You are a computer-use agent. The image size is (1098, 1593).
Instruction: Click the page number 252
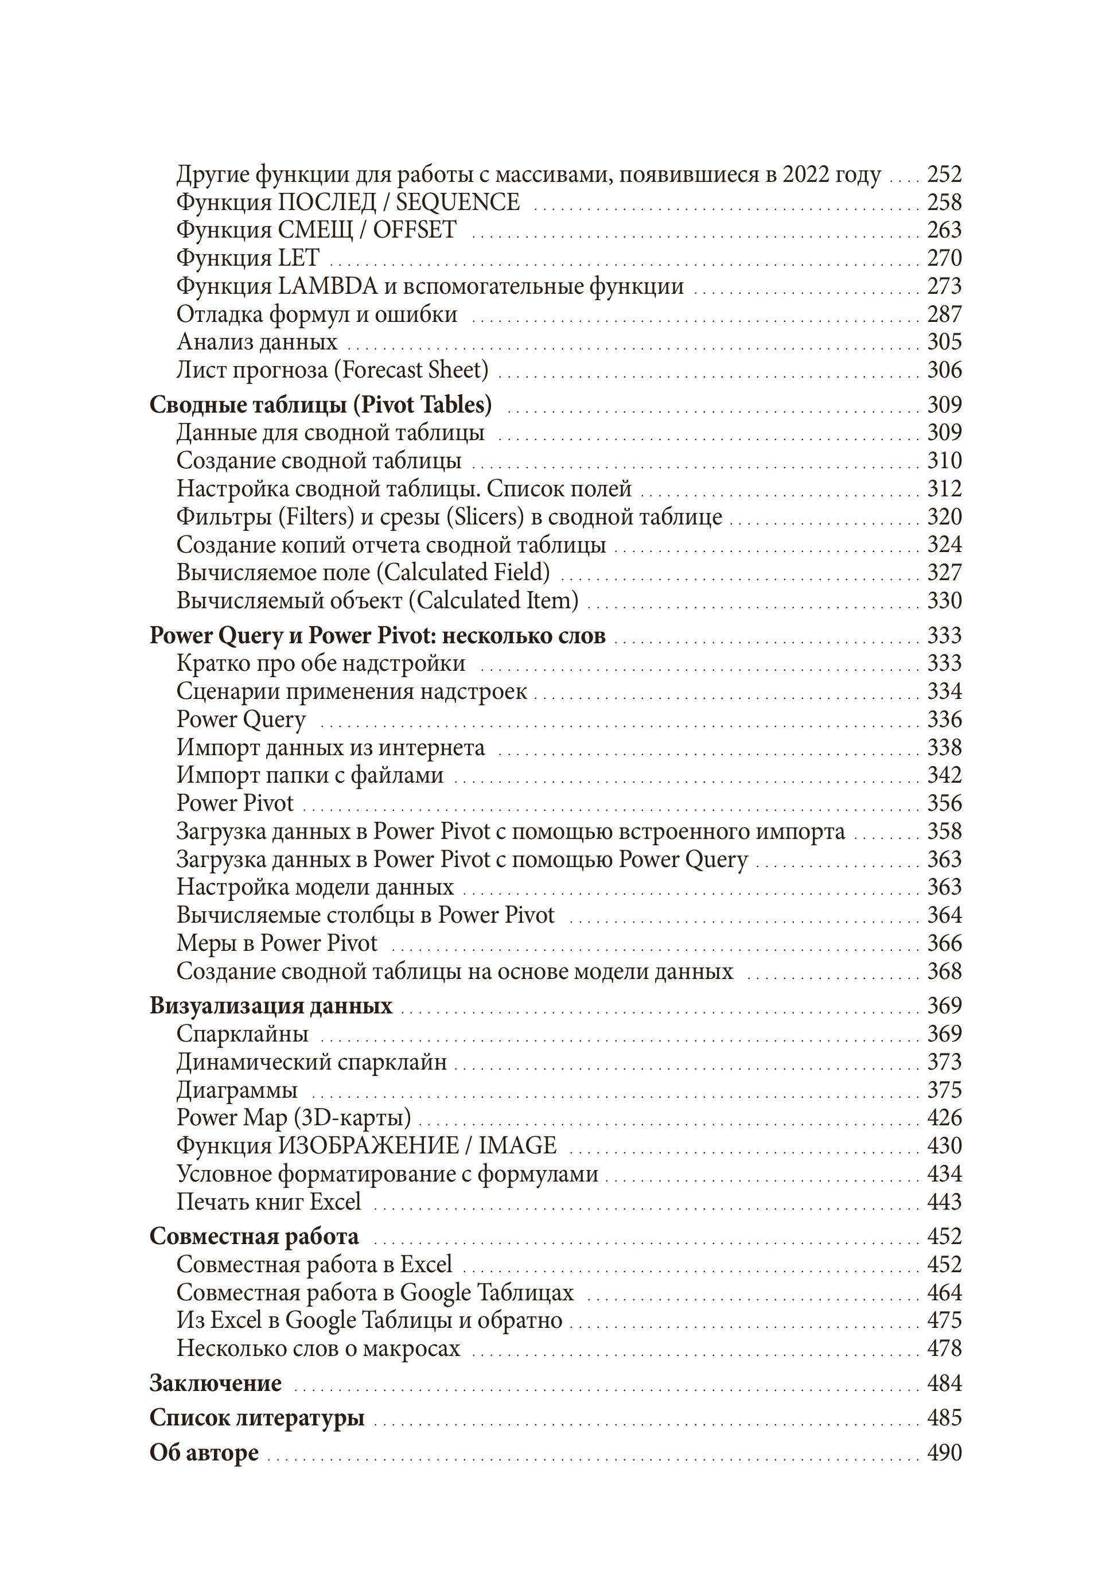pyautogui.click(x=944, y=175)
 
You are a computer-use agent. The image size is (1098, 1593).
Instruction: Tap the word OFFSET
pyautogui.click(x=414, y=230)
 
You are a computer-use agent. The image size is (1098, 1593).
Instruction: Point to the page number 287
pyautogui.click(x=944, y=314)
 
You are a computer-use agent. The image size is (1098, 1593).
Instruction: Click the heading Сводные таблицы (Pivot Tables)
pyautogui.click(x=321, y=405)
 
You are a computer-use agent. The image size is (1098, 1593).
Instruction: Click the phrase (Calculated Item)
pyautogui.click(x=493, y=601)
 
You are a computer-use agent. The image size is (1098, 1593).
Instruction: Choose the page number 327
pyautogui.click(x=944, y=573)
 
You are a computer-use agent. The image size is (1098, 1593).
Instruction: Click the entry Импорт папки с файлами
pyautogui.click(x=310, y=775)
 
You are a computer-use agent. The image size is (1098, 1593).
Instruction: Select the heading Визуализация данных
pyautogui.click(x=270, y=1006)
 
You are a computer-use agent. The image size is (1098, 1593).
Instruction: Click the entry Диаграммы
pyautogui.click(x=237, y=1090)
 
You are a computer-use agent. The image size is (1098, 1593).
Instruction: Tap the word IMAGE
pyautogui.click(x=517, y=1146)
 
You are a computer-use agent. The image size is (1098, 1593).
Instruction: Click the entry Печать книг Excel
pyautogui.click(x=268, y=1202)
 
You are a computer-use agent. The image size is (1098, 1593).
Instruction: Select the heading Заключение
pyautogui.click(x=215, y=1383)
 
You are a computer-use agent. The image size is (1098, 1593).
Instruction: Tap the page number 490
pyautogui.click(x=944, y=1452)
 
